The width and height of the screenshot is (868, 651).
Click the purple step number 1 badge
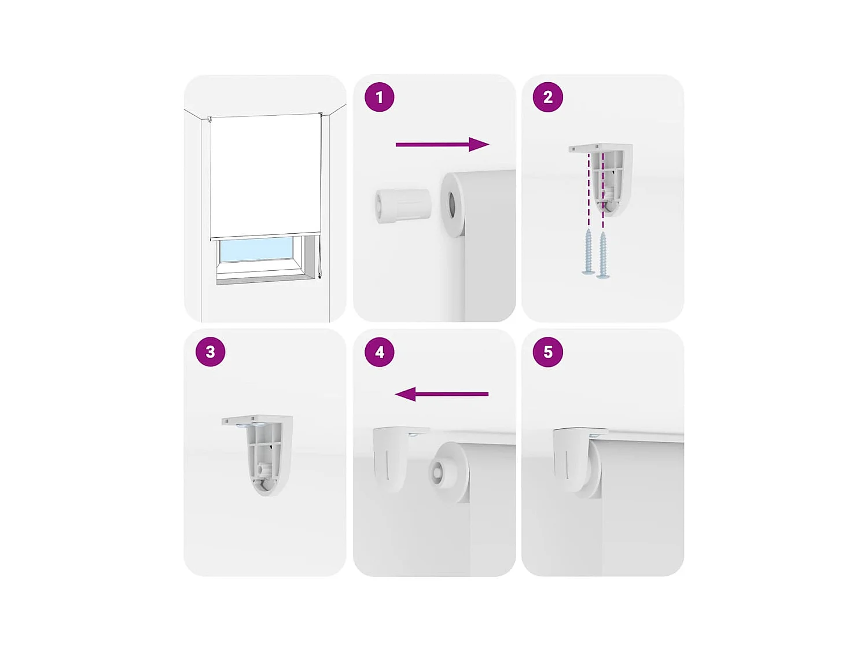pos(380,97)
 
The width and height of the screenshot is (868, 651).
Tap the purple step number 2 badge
pos(547,97)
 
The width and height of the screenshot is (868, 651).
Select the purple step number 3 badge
pos(210,352)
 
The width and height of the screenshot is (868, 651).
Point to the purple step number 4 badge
pos(380,352)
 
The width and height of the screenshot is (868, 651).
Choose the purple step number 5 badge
pos(547,352)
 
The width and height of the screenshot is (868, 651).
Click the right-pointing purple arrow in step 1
pos(442,145)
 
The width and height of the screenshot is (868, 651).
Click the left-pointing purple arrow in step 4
pos(442,394)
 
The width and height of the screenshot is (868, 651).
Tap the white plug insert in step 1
pos(403,205)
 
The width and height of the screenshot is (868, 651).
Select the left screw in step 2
pos(589,252)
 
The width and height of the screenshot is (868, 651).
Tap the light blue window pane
pos(256,249)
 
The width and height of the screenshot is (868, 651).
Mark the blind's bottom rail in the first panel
pos(265,236)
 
